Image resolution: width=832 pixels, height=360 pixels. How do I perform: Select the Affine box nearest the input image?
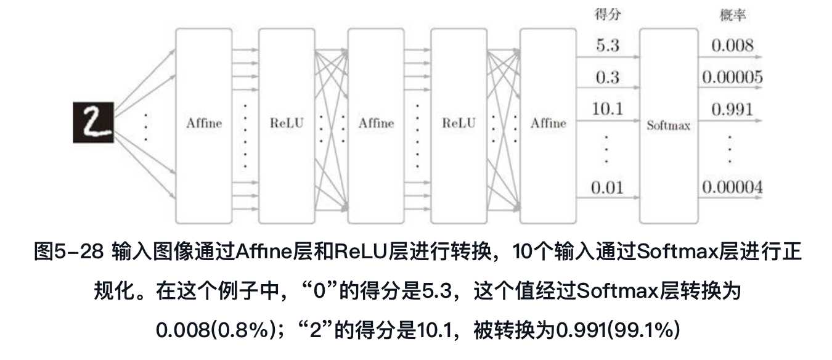tap(204, 124)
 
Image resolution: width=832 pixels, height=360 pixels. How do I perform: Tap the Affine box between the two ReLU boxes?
tap(376, 124)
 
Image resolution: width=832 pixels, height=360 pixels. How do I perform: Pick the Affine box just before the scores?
tap(548, 124)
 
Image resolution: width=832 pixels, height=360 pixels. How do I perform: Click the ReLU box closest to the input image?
tap(287, 124)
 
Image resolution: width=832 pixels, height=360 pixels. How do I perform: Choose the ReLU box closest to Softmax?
tap(459, 124)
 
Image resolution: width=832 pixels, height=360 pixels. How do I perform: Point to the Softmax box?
tap(668, 126)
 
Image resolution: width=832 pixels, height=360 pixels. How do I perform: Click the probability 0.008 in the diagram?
tap(732, 46)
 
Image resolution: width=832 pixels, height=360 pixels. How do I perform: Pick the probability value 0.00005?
tap(732, 78)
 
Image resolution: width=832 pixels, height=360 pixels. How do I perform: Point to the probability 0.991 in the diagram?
tap(732, 110)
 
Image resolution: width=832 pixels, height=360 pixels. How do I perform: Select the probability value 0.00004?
tap(732, 187)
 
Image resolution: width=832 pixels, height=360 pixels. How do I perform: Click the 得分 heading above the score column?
tap(608, 15)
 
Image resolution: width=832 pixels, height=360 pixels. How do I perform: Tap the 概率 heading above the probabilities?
tap(732, 15)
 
